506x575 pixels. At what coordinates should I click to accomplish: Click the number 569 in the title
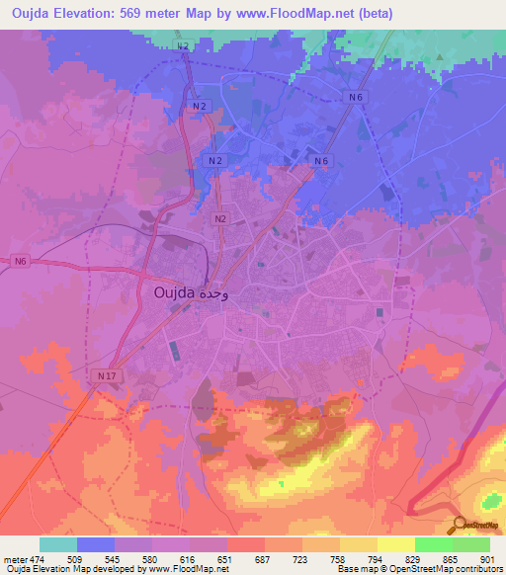click(162, 13)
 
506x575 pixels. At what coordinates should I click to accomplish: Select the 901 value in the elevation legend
click(486, 558)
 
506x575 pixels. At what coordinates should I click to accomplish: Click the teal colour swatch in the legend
click(57, 544)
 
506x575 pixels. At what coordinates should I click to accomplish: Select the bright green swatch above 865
click(433, 544)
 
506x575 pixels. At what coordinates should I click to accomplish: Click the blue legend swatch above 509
click(95, 544)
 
